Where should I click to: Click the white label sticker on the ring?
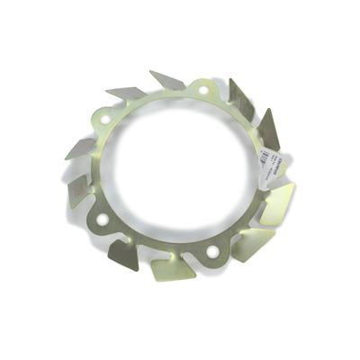(x=269, y=162)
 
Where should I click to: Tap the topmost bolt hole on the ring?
(x=201, y=91)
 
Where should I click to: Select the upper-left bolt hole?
(x=105, y=118)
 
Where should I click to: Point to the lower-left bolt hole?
(x=102, y=219)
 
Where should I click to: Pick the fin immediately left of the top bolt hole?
(x=167, y=81)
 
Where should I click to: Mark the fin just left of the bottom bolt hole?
(x=169, y=265)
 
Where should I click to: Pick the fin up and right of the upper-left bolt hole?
(x=127, y=93)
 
